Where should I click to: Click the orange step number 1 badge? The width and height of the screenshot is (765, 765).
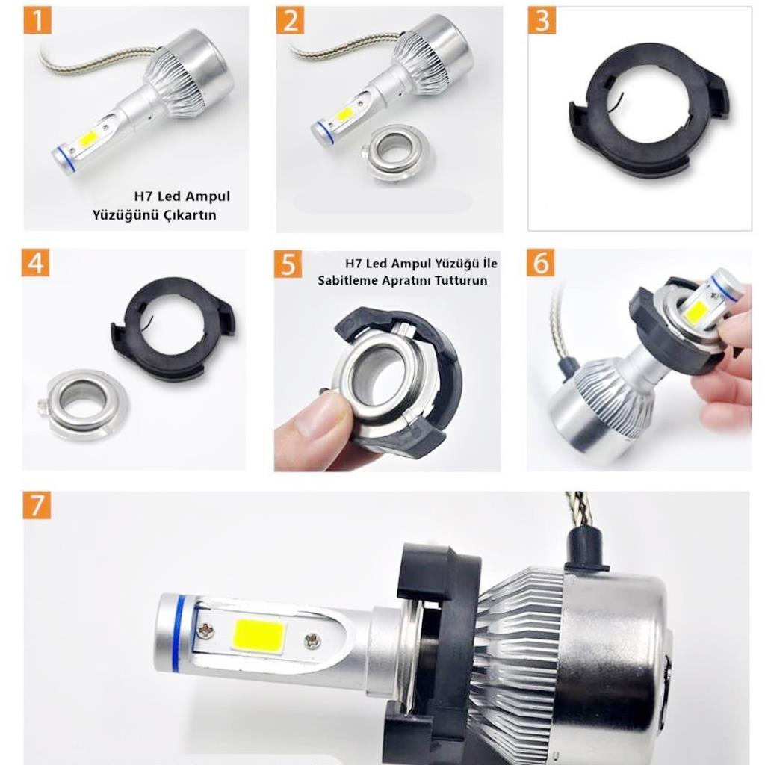click(x=37, y=21)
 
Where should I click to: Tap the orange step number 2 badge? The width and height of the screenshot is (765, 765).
click(x=290, y=21)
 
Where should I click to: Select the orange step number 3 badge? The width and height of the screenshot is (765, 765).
click(x=542, y=21)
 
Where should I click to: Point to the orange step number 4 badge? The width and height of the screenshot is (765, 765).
click(x=35, y=263)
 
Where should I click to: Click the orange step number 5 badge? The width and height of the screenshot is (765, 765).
click(x=288, y=264)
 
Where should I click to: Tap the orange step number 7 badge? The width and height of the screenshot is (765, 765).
click(x=37, y=505)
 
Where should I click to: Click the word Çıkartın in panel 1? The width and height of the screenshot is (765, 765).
click(x=196, y=215)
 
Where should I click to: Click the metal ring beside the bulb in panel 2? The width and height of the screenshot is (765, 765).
click(x=395, y=152)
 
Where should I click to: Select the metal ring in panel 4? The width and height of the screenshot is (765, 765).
click(x=83, y=403)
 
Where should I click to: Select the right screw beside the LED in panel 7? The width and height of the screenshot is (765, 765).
click(x=313, y=640)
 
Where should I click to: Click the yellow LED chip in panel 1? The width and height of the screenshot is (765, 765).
click(x=88, y=138)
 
